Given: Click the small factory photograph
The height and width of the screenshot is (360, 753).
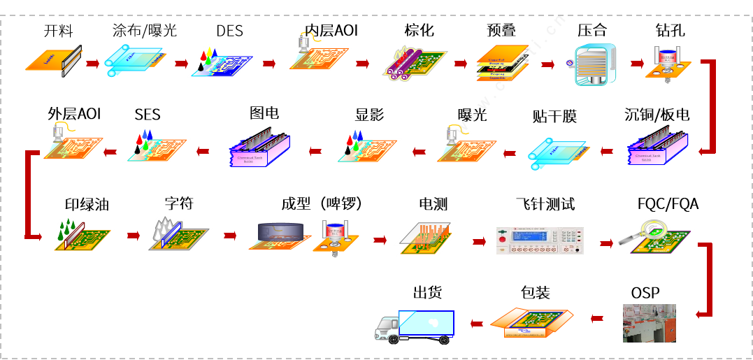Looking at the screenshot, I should click(x=649, y=323).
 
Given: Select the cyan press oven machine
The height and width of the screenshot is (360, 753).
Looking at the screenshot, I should click(x=594, y=64).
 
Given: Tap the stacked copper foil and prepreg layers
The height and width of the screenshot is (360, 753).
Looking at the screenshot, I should click(x=501, y=64).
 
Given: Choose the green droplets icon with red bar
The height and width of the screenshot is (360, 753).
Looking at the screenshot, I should click(x=73, y=232).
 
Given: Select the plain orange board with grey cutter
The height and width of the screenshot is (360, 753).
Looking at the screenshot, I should click(x=53, y=61).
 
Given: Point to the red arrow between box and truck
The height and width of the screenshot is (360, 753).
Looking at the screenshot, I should click(x=476, y=323).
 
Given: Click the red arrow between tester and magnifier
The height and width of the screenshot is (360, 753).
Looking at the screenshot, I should click(x=605, y=242).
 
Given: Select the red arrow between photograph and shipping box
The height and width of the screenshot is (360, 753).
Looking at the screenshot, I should click(x=596, y=319).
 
